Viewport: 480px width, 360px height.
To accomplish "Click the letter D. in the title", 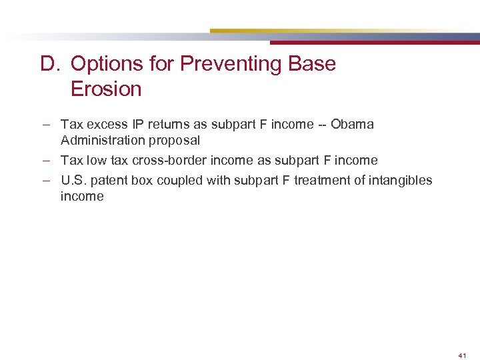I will pos(51,64).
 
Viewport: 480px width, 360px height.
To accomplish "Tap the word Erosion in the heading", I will pos(106,89).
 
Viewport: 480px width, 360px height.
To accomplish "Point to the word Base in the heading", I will pos(313,64).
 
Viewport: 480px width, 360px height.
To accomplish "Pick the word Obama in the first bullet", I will pos(353,125).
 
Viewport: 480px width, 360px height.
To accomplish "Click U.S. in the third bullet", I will pos(73,181).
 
